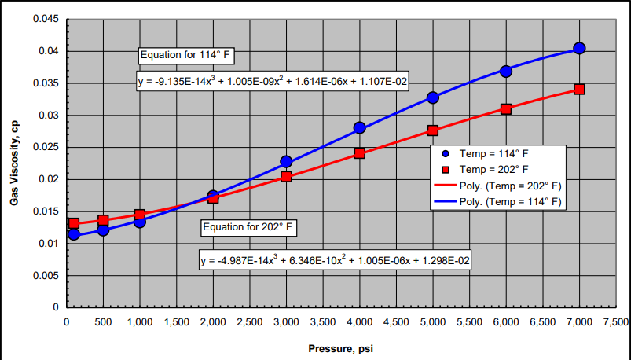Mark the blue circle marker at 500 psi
coord(103,230)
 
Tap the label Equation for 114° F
coord(187,56)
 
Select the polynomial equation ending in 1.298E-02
coord(336,260)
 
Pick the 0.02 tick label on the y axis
coord(49,179)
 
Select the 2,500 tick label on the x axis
coord(249,322)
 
